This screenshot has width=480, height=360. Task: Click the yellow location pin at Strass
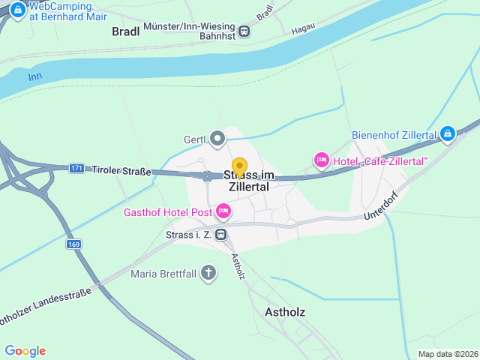point(239,167)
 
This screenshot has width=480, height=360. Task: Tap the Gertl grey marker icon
point(217,139)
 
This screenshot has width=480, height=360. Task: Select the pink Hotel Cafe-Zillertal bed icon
point(321,160)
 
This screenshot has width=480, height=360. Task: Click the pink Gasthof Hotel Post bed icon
point(223,212)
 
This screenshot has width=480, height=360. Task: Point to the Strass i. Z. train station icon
point(220,235)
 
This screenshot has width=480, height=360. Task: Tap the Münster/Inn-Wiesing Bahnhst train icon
point(244,31)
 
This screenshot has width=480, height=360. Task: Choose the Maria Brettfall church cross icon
point(208,273)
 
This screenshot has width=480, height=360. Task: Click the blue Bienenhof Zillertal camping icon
point(447,134)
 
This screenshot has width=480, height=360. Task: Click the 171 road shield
point(76,169)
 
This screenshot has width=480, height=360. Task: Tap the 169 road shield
point(73,244)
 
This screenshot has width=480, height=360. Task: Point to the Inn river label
point(34,77)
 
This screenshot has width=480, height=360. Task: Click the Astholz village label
point(285,311)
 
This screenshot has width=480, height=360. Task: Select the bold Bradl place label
point(126,31)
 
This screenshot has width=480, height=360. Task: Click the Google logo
point(25,351)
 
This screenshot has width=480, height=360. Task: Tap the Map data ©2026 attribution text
point(447,354)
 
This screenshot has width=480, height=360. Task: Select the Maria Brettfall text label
point(163,274)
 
